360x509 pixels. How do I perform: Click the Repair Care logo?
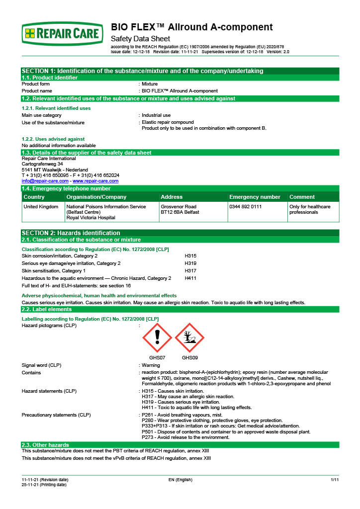(x=63, y=33)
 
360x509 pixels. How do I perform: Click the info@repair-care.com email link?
(x=45, y=181)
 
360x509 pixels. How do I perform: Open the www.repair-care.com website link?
(x=95, y=181)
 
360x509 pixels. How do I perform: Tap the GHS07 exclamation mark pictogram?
(x=157, y=338)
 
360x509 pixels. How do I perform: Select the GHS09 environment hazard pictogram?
(x=189, y=338)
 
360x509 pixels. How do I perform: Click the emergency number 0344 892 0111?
(x=245, y=206)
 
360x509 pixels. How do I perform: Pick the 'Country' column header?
(x=34, y=197)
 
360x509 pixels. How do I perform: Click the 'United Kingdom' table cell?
(x=41, y=206)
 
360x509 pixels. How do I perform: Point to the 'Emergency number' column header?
(x=255, y=197)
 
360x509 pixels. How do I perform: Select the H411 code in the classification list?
(x=190, y=278)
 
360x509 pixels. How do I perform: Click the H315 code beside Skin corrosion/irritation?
(x=190, y=255)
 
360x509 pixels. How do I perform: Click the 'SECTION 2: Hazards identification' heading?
(x=71, y=233)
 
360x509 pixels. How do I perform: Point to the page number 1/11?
(x=334, y=479)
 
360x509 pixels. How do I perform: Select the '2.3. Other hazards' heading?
(x=45, y=444)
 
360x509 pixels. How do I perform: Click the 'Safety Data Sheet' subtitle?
(x=140, y=39)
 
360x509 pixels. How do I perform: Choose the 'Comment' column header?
(x=302, y=197)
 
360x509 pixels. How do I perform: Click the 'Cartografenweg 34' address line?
(x=42, y=164)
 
